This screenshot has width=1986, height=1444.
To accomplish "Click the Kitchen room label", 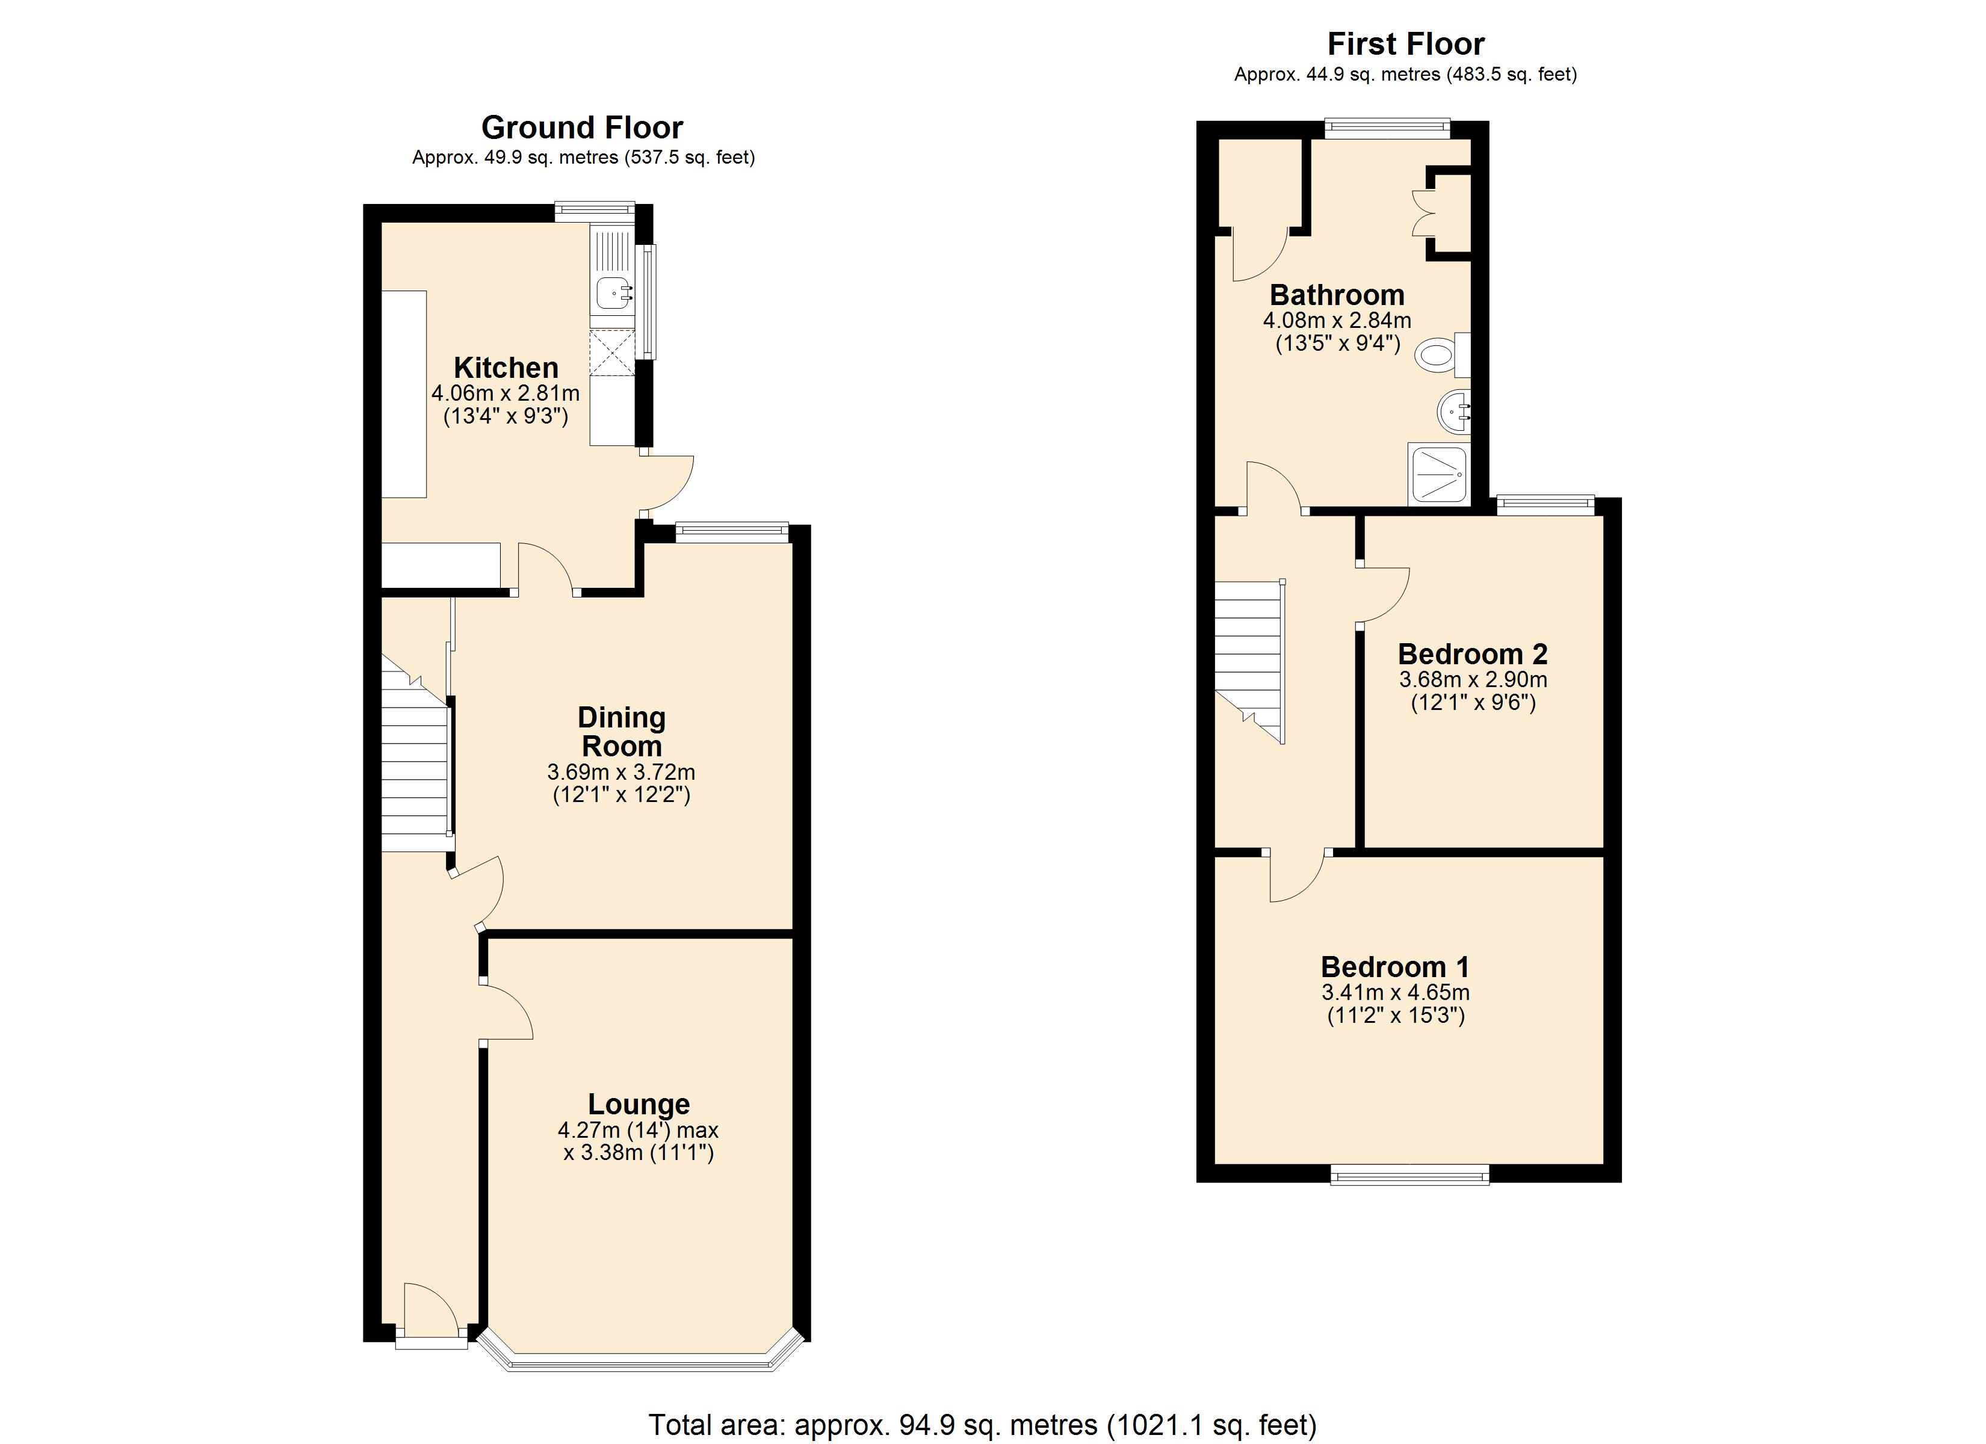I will click(x=506, y=367).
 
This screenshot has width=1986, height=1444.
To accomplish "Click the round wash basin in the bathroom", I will click(x=1453, y=411).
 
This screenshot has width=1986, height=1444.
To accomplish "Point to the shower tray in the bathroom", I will click(x=1439, y=474).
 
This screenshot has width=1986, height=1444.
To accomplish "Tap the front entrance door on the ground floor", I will click(x=431, y=1313).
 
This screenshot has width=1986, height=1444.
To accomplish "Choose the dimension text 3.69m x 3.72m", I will click(x=621, y=773).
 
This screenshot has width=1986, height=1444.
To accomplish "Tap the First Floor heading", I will click(x=1405, y=44).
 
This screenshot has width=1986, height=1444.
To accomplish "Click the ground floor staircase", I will click(x=416, y=771).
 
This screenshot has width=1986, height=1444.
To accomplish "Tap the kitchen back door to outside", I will click(x=667, y=483).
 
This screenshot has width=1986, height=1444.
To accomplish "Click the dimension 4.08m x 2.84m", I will click(x=1336, y=321).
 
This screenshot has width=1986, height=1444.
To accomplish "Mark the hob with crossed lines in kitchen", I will click(x=611, y=352).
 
